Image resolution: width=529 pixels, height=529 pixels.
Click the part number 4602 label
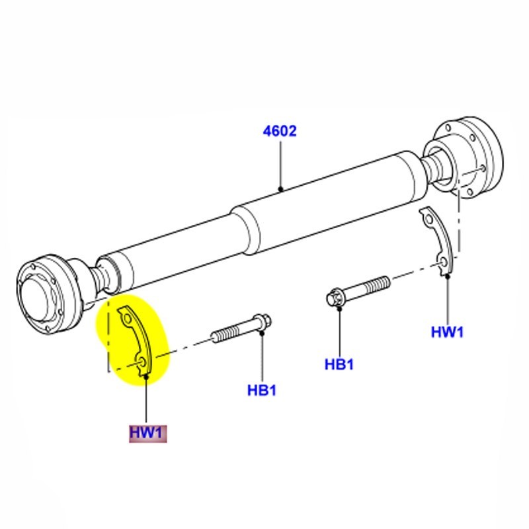pyautogui.click(x=280, y=131)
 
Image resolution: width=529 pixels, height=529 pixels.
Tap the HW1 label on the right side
pyautogui.click(x=448, y=332)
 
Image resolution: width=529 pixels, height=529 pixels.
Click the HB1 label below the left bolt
pyautogui.click(x=262, y=390)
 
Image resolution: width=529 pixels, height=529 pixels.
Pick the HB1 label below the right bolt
pyautogui.click(x=340, y=364)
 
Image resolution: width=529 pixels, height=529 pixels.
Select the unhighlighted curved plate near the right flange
pyautogui.click(x=438, y=245)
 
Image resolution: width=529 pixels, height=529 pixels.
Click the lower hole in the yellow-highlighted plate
pyautogui.click(x=143, y=362)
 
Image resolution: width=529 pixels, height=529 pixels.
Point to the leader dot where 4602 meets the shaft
pyautogui.click(x=280, y=189)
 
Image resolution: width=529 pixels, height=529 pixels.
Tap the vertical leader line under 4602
pyautogui.click(x=280, y=165)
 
